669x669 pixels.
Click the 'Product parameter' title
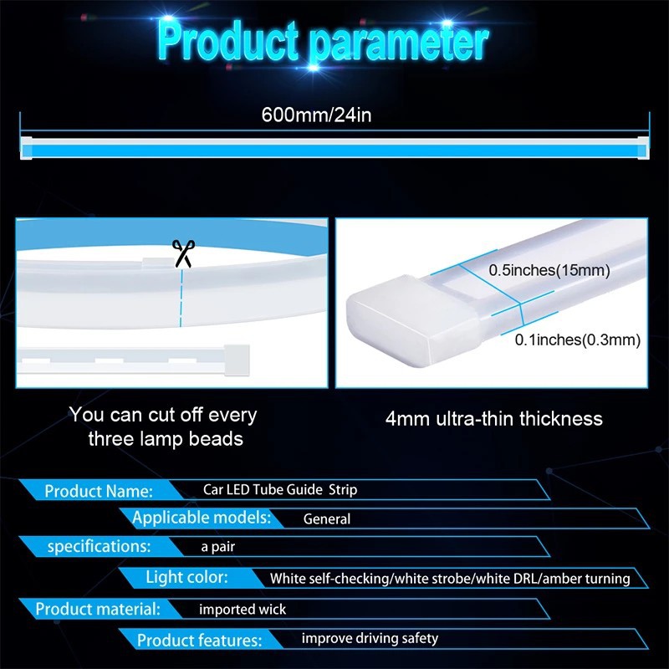coord(323,41)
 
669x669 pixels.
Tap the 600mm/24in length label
coord(316,115)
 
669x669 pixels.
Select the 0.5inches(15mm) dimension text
coord(549,271)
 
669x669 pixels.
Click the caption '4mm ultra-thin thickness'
coord(493,418)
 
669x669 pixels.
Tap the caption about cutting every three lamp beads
coord(164,426)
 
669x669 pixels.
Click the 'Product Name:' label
coord(99,491)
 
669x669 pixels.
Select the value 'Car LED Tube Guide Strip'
coord(280,489)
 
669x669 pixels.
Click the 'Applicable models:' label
coord(202,518)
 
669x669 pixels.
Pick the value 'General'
coord(327,519)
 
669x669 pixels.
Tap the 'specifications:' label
coord(99,547)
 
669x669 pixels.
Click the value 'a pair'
coord(217,547)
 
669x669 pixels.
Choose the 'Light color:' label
coord(186,577)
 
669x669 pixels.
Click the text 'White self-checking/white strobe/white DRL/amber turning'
coord(449,578)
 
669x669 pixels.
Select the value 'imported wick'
coord(243,609)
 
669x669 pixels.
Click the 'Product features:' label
coord(199,641)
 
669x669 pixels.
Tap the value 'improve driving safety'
coord(370,639)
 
